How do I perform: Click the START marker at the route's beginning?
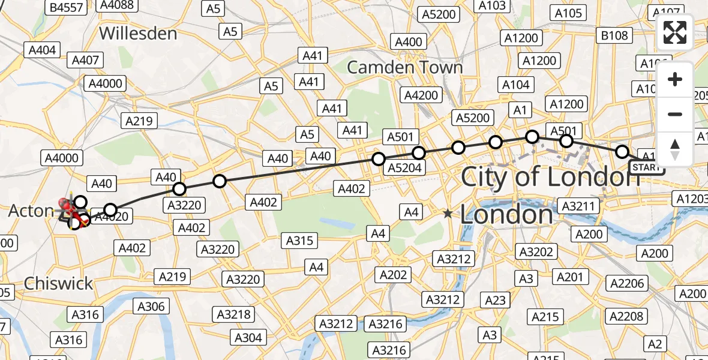(x=646, y=167)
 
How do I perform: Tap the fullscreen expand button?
(x=675, y=32)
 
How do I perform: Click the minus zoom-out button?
(x=675, y=114)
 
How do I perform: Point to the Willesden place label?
(x=138, y=32)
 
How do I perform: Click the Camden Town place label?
(x=405, y=67)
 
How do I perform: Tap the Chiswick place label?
(x=58, y=283)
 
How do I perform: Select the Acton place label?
(x=31, y=211)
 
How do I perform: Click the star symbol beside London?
(x=448, y=213)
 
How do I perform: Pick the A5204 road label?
(x=404, y=168)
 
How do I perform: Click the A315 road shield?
(x=300, y=241)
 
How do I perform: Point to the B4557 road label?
(x=66, y=7)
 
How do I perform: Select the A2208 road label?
(x=626, y=316)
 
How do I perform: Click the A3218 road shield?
(x=235, y=314)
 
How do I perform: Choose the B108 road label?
(x=614, y=36)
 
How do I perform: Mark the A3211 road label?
(x=578, y=206)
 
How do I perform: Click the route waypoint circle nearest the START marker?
(x=622, y=152)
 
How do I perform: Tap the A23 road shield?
(x=496, y=300)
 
